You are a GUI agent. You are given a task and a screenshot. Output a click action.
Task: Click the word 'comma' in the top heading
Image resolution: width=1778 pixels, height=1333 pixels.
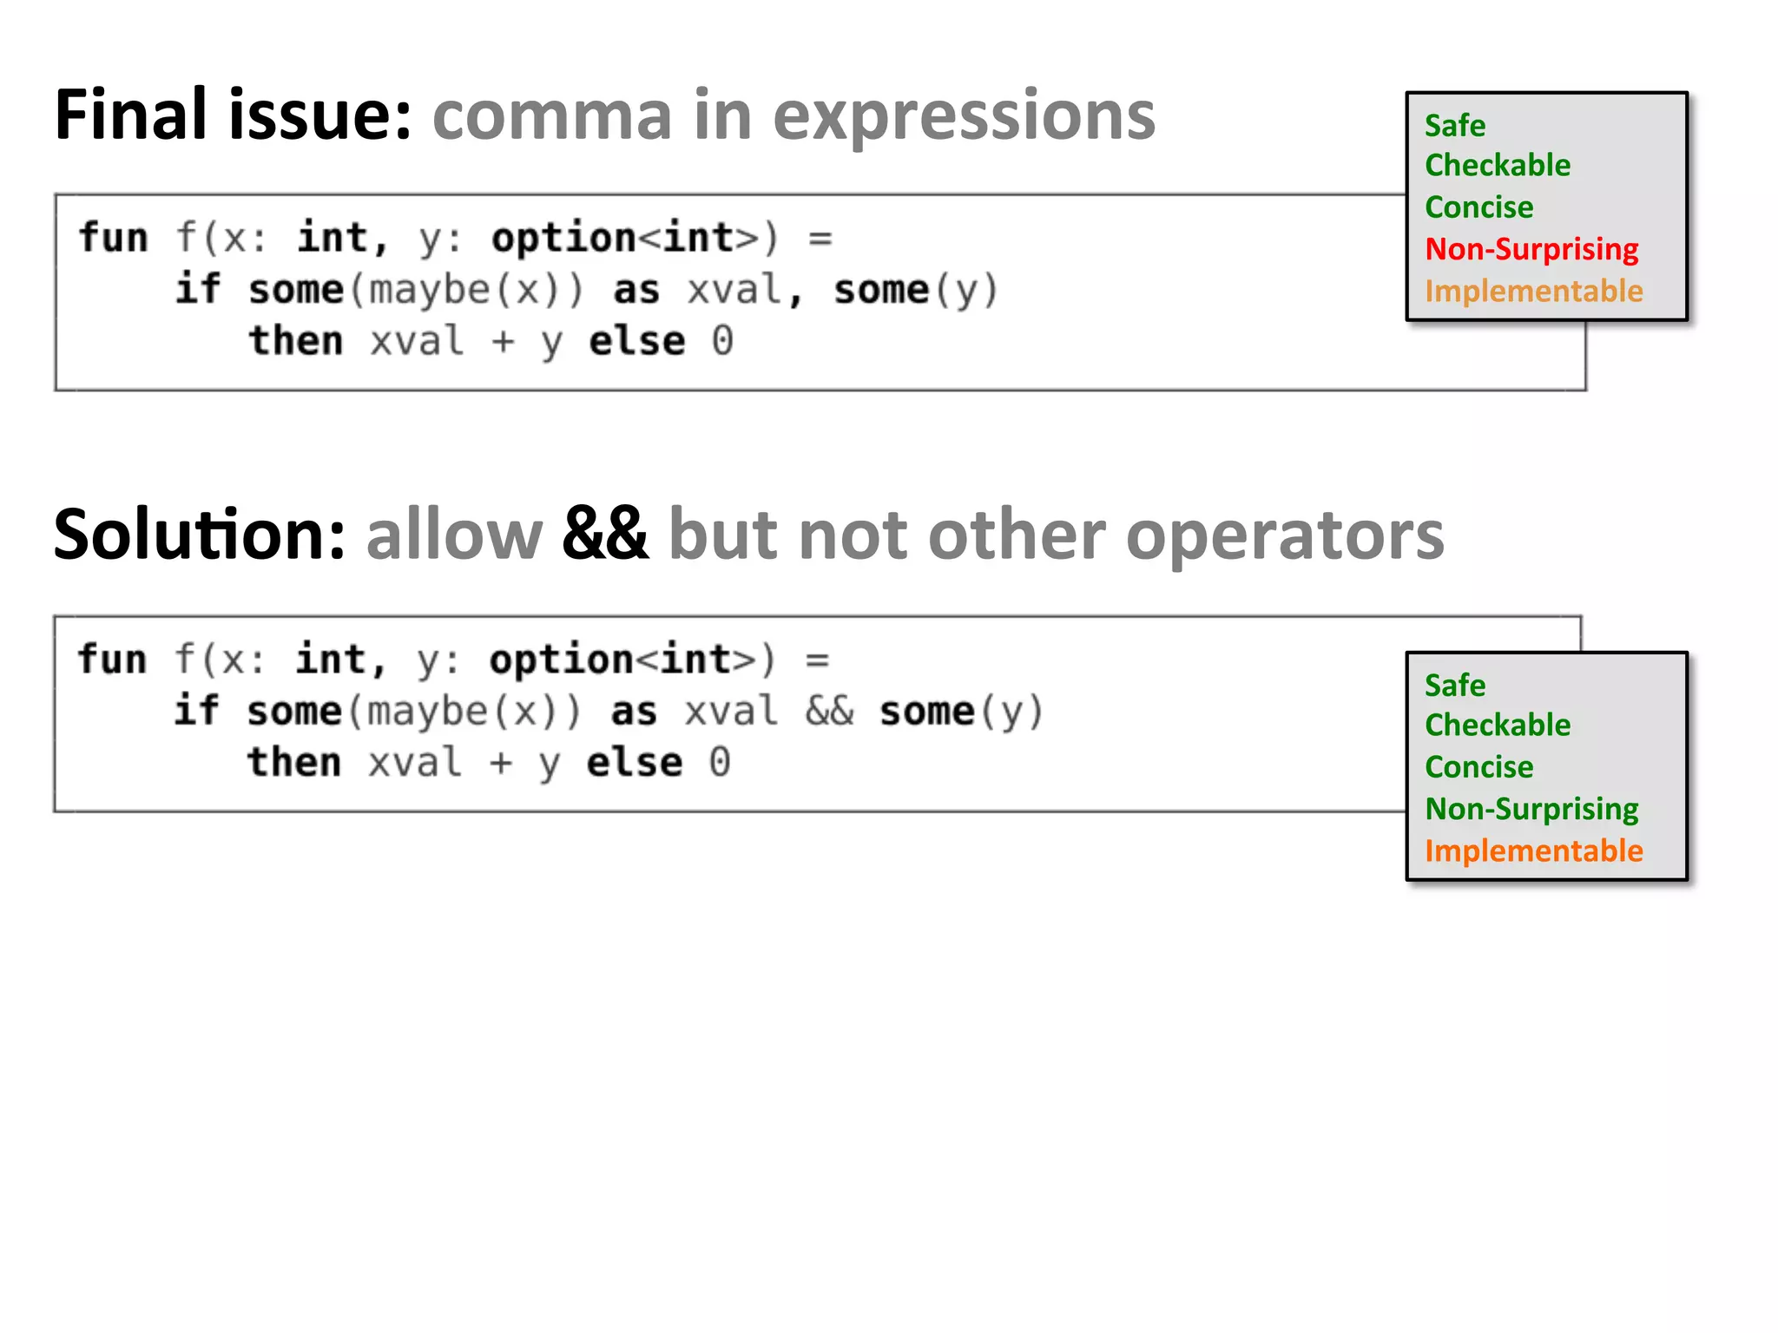(552, 115)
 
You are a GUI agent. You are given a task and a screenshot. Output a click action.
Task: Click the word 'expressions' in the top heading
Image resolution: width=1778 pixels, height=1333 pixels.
(964, 117)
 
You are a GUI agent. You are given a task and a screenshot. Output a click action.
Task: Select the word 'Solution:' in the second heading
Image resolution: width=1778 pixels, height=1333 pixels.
(200, 535)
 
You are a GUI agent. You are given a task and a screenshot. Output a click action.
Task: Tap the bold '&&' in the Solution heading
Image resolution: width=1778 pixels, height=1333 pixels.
(604, 535)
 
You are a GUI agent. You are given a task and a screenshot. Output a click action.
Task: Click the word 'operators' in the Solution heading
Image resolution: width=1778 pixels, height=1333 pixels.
(1285, 536)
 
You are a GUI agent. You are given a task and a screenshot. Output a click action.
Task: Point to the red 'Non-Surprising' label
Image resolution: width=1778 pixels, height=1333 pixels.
(1531, 249)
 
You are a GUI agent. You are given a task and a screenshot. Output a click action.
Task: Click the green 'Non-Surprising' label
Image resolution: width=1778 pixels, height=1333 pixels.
(1531, 809)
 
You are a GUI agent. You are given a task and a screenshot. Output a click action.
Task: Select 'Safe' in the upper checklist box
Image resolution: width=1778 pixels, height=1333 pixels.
(1455, 126)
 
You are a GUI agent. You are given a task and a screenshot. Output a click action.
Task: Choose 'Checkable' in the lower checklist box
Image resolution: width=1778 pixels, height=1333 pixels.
(1498, 726)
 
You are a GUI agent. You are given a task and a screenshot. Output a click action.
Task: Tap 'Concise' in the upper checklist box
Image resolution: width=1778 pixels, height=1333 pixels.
(1479, 207)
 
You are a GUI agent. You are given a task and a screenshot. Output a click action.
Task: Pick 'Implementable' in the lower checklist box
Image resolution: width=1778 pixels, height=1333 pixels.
(1534, 851)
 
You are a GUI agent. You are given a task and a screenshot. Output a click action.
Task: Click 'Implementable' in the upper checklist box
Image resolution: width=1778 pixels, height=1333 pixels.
(1534, 292)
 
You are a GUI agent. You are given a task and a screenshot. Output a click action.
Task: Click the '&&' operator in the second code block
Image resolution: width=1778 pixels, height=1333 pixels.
(829, 712)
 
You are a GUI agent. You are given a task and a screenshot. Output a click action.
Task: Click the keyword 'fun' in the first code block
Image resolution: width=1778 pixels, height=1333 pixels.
(114, 238)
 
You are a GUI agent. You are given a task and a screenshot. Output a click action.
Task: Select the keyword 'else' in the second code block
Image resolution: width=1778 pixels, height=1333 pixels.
(635, 763)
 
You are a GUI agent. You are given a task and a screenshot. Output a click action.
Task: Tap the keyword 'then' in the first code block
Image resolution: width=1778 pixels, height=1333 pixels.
(296, 340)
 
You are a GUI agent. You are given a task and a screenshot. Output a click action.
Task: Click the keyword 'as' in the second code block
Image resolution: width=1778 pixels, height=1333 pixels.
(634, 712)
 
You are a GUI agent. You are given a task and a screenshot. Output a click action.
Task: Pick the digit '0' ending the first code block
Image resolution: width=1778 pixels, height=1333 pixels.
(722, 341)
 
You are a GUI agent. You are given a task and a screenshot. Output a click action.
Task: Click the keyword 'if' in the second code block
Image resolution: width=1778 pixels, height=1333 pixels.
(196, 711)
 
